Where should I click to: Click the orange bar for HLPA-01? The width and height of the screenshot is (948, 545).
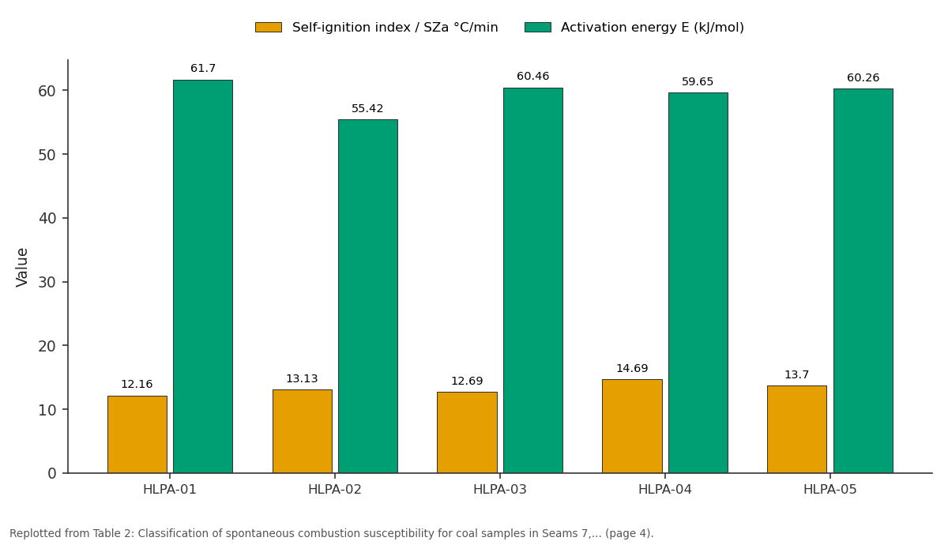click(x=137, y=434)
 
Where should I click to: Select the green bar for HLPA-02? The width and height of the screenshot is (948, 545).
click(x=368, y=296)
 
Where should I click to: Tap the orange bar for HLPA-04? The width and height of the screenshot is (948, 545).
click(x=632, y=426)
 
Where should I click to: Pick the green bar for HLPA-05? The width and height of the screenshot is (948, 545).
click(x=863, y=281)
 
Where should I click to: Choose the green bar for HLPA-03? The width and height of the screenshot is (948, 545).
click(x=533, y=280)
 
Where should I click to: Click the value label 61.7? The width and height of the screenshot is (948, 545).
click(x=203, y=68)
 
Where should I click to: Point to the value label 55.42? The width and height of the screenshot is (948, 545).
click(x=367, y=108)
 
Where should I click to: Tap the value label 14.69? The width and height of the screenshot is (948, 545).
click(x=632, y=368)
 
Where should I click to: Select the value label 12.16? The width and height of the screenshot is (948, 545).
click(x=137, y=384)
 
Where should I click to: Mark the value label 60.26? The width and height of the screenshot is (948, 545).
click(x=863, y=77)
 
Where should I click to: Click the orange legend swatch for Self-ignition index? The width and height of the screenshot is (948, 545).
click(x=269, y=28)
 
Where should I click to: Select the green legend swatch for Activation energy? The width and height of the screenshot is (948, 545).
click(x=538, y=28)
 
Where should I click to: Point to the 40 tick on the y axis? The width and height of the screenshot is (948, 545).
click(x=65, y=218)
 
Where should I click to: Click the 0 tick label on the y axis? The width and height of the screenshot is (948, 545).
click(x=52, y=473)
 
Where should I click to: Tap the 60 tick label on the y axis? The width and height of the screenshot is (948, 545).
click(x=47, y=91)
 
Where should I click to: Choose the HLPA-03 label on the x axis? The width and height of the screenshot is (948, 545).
click(x=500, y=490)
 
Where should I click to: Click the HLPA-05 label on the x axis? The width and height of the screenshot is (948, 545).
click(x=830, y=490)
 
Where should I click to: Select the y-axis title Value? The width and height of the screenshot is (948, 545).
click(x=21, y=268)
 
